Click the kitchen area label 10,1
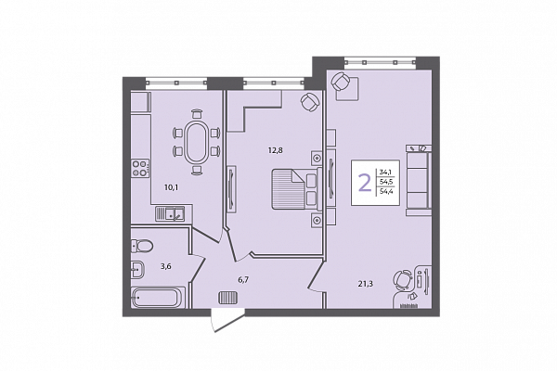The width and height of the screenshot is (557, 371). coord(171,187)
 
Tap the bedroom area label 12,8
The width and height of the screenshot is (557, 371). coord(275,150)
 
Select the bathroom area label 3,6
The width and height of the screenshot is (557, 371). coord(166,266)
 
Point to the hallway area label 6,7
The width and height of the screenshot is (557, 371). coord(243,280)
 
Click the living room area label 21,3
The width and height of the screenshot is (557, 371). coord(365,283)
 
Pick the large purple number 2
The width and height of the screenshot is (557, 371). coord(364,183)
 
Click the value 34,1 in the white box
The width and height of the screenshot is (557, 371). coord(385,173)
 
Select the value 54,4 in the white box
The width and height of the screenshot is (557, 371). coord(387,192)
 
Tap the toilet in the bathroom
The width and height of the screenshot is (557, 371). coord(142,245)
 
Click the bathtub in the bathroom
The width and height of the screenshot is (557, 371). coord(158,297)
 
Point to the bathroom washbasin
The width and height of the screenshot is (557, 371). coord(137,270)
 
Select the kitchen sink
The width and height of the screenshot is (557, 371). coord(170,213)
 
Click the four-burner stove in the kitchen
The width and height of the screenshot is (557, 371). coord(140,168)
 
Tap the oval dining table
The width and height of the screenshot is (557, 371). coord(195,142)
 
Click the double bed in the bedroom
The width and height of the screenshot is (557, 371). coord(297,189)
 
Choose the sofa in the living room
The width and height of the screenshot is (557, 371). coord(419,180)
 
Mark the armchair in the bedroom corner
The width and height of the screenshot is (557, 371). coord(310,102)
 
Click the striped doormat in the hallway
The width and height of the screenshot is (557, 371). coord(228,298)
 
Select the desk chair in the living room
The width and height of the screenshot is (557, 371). coord(402,279)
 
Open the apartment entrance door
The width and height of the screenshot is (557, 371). coord(227,321)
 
